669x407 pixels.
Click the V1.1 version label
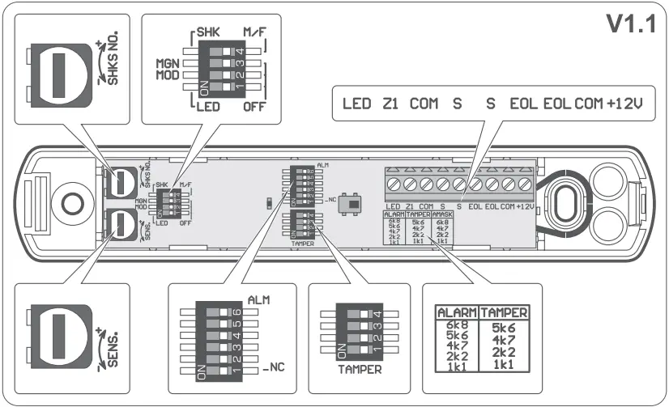[629, 25]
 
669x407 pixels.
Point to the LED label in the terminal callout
[356, 104]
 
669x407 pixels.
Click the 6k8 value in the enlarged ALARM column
[457, 325]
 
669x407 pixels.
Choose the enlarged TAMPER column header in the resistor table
[505, 312]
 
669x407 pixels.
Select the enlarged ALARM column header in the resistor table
[458, 312]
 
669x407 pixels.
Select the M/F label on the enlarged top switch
[255, 32]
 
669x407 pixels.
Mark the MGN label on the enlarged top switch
[168, 62]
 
